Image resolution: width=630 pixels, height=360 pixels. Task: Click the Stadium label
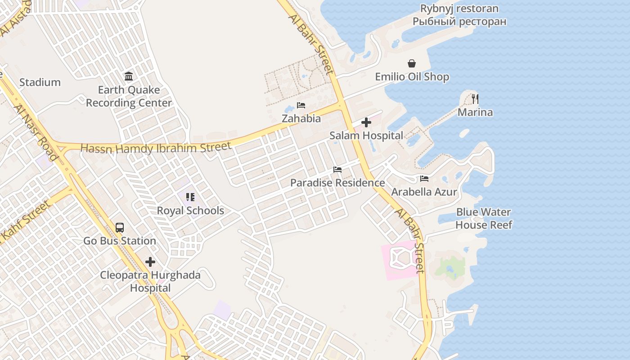coord(40,82)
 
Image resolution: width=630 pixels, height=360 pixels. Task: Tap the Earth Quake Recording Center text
coord(129,96)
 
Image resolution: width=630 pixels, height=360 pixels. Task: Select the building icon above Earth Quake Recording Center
coord(129,76)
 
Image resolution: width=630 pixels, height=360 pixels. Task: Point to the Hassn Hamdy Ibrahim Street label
coord(156,148)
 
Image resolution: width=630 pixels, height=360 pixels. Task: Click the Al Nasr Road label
coord(36,132)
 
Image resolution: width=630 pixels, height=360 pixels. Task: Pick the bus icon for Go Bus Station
coord(120,227)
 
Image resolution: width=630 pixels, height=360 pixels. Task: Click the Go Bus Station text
coord(120,241)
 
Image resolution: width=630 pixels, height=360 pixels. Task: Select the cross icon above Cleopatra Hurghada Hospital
coord(150,261)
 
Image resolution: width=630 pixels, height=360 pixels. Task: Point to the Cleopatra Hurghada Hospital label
coord(150,281)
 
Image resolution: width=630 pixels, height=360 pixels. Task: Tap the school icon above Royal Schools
coord(190,197)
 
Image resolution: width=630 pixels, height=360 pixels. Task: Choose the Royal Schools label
coord(190,211)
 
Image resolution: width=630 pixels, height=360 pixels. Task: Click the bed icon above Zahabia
coord(301,105)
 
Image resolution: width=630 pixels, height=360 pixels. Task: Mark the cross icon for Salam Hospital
coord(366,122)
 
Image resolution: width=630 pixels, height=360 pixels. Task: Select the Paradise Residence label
coord(337,183)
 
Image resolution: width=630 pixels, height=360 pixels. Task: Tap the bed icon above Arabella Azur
coord(424,178)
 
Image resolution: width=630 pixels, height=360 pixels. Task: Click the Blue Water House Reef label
coord(484,218)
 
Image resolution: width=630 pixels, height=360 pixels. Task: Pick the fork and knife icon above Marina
coord(475,99)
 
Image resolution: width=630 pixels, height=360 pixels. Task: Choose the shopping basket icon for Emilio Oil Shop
coord(412,63)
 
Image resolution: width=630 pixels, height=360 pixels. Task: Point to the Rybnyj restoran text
coord(459,15)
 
